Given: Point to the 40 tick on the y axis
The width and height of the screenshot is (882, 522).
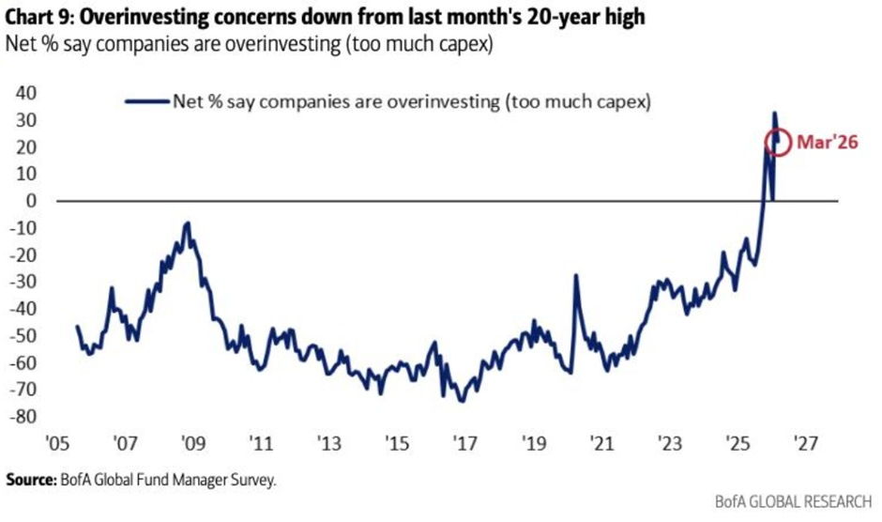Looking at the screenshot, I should [26, 93].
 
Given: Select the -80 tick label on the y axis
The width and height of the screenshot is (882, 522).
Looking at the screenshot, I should [23, 417].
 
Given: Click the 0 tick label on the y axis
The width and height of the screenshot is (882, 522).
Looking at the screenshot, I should [31, 201].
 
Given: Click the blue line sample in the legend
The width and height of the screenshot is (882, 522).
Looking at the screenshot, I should [142, 100].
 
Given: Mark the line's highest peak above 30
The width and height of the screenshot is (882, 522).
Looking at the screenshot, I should [774, 113].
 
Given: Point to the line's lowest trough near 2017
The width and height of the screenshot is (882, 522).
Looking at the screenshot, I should [461, 401].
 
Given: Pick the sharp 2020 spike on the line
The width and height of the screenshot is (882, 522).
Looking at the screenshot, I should [575, 275].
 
